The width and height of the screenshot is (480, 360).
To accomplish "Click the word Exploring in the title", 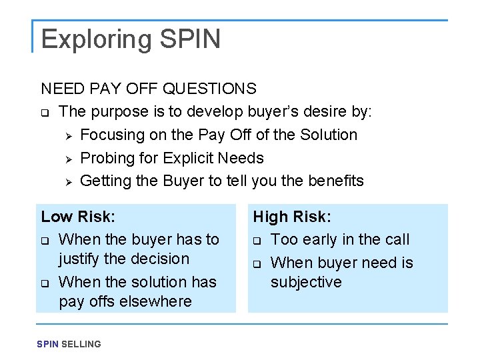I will pyautogui.click(x=97, y=39).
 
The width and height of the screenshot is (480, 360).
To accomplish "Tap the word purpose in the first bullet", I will pyautogui.click(x=119, y=111).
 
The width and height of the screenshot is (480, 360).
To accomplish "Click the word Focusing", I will pyautogui.click(x=110, y=135).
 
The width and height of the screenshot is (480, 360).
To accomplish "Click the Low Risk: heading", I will pyautogui.click(x=78, y=217).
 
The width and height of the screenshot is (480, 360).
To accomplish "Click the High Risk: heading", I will pyautogui.click(x=292, y=217).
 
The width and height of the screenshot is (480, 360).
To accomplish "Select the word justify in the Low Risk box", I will pyautogui.click(x=79, y=259).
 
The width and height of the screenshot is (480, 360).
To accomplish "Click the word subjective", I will pyautogui.click(x=306, y=282).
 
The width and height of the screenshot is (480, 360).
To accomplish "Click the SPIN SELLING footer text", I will pyautogui.click(x=69, y=344).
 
